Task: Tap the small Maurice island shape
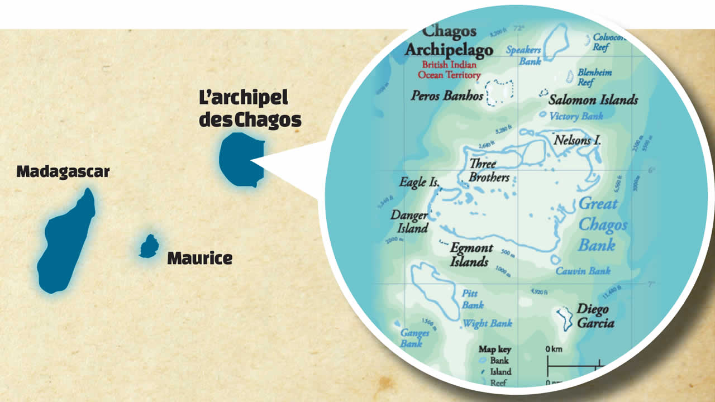[149, 246]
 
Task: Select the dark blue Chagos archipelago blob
[240, 160]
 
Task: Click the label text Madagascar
[63, 171]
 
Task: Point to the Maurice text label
[199, 259]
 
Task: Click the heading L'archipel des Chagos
[250, 109]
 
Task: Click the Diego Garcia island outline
[565, 318]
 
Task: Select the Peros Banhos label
[447, 95]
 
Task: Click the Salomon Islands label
[593, 100]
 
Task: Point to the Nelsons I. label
[577, 140]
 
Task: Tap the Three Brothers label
[489, 171]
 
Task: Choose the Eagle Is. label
[420, 182]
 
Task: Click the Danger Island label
[409, 222]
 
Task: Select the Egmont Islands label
[471, 255]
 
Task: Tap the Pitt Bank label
[472, 299]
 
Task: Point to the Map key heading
[494, 350]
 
